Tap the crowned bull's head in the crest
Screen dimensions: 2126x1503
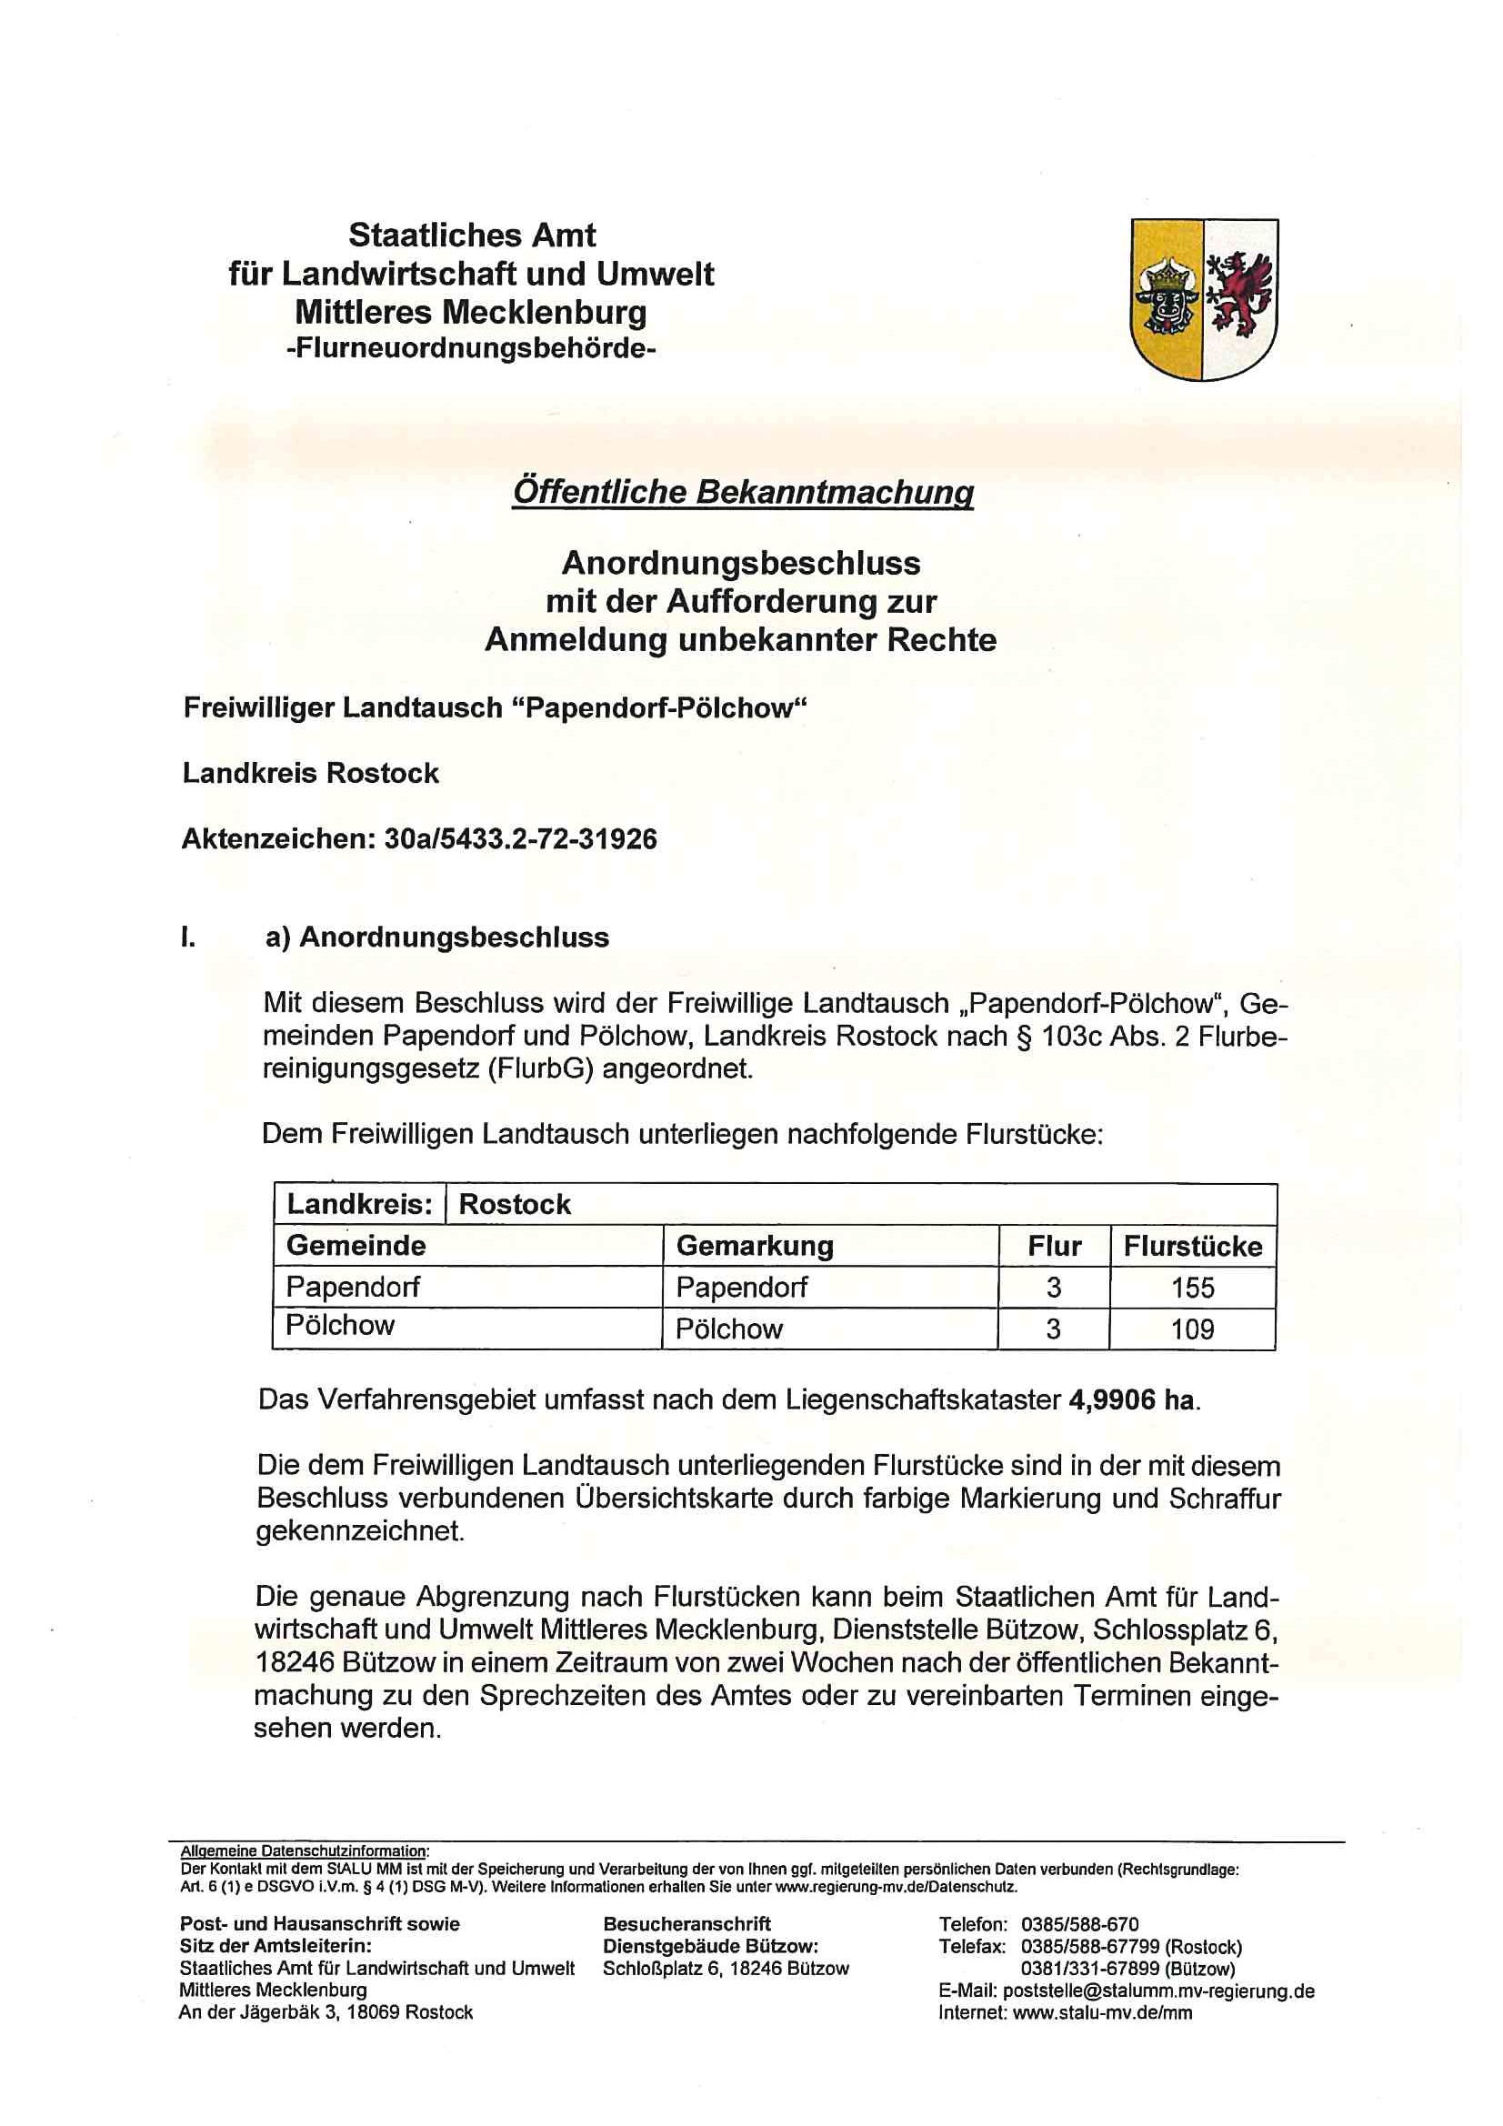pos(1166,298)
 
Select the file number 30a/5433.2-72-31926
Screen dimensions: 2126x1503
pos(519,839)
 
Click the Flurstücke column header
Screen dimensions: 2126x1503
pos(1192,1247)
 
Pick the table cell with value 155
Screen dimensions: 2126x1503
pos(1192,1287)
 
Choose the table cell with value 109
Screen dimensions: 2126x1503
pos(1192,1329)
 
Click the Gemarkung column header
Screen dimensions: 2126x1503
pos(755,1247)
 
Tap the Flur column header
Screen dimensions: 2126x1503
pos(1054,1247)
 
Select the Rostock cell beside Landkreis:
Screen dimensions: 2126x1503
pos(515,1204)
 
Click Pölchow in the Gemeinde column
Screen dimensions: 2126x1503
pos(340,1325)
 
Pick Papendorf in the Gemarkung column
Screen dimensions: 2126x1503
pos(741,1287)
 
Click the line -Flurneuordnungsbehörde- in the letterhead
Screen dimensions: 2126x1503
pos(471,349)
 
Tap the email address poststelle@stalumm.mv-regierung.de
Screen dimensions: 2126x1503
pos(1158,1991)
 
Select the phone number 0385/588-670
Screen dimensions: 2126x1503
pos(1079,1924)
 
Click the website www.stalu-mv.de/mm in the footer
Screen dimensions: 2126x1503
pos(1102,2012)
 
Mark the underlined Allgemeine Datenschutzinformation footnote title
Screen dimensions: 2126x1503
pos(304,1851)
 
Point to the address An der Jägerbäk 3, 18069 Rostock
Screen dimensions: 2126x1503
pos(326,2012)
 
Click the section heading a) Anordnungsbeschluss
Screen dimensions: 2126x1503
pos(437,938)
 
